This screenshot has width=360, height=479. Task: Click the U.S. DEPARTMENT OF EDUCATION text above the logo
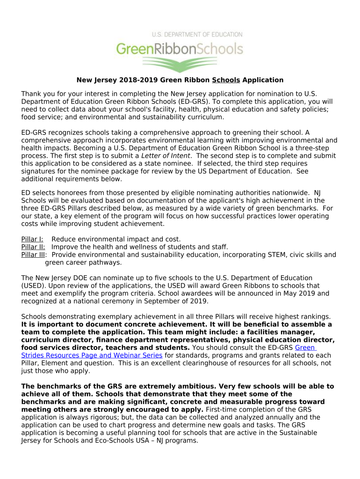click(197, 35)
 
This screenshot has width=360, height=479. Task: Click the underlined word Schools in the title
click(226, 80)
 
